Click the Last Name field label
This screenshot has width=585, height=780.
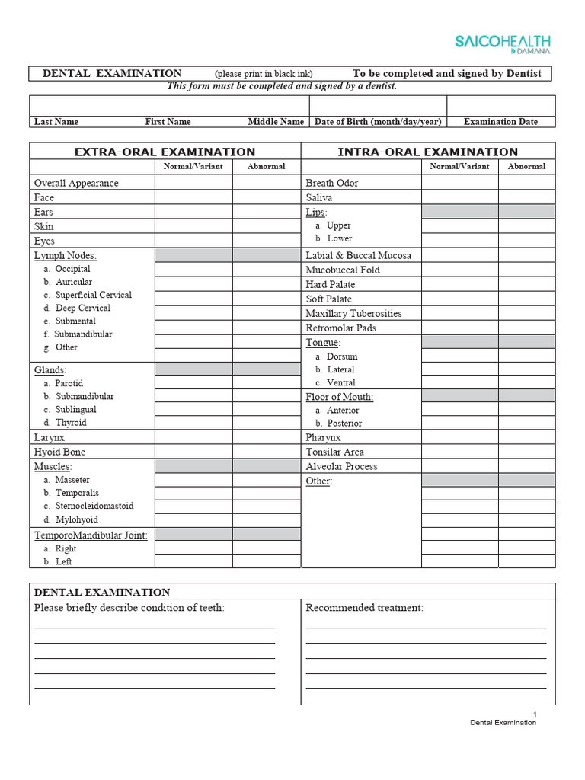click(56, 121)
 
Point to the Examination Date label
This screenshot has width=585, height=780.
click(500, 121)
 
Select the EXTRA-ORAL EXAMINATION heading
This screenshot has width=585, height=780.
click(165, 152)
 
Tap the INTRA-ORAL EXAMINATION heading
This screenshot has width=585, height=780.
click(427, 152)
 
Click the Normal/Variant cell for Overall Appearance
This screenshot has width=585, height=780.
click(193, 183)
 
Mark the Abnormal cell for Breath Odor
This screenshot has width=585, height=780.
click(526, 183)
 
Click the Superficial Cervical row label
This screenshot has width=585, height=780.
click(93, 295)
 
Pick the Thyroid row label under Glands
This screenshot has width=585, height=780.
click(71, 422)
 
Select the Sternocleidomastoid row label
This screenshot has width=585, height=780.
click(94, 506)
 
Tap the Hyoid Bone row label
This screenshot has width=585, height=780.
click(59, 452)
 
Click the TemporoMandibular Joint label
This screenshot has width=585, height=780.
click(91, 535)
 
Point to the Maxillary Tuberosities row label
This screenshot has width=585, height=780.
click(353, 313)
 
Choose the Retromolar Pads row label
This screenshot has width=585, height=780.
click(341, 328)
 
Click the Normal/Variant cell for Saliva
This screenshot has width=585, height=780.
click(459, 197)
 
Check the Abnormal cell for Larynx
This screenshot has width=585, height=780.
click(267, 437)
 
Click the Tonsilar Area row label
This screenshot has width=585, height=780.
click(334, 452)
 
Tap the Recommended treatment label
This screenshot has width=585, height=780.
click(364, 607)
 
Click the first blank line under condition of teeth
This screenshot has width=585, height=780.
click(155, 627)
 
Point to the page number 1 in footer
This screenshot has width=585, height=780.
click(535, 714)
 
